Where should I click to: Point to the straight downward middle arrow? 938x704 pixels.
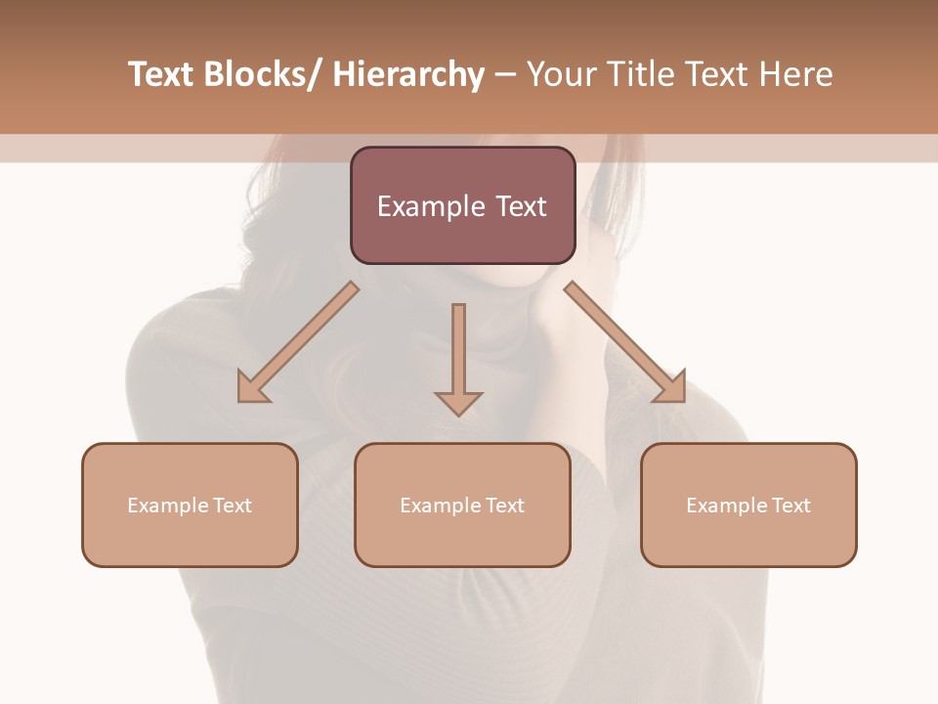458,358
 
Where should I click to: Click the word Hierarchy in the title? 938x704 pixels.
407,74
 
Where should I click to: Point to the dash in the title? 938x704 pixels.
505,74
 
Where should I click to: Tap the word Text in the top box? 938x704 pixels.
519,206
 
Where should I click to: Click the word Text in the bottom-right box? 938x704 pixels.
790,506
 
